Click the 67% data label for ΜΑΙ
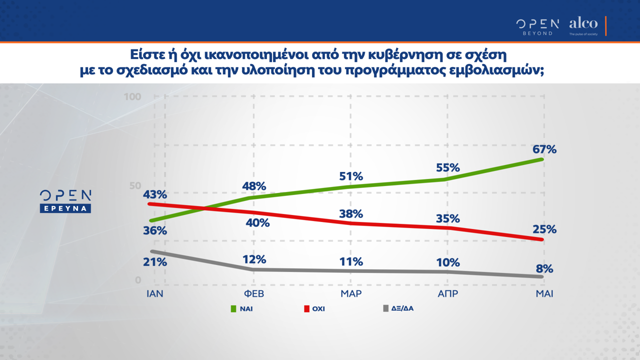544,149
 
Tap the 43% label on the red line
155,194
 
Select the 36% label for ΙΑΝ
155,231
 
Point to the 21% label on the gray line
155,262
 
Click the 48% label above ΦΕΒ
254,186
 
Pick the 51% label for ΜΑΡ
351,176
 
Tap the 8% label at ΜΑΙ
544,269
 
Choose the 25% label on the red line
544,229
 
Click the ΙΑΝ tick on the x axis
155,294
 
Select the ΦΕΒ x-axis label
254,294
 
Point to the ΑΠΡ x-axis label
448,294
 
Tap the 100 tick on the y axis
133,96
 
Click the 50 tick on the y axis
135,185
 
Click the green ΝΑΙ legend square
233,309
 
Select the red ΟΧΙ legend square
306,309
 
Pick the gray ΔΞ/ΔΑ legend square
385,308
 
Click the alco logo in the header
583,23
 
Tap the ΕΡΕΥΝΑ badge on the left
65,208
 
